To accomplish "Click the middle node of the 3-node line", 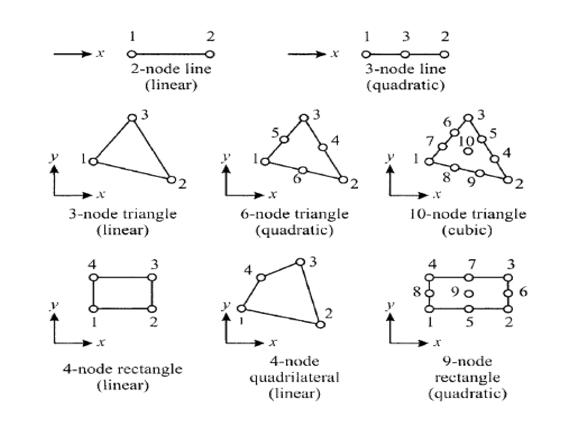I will tap(405, 54).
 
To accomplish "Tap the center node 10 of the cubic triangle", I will tap(468, 151).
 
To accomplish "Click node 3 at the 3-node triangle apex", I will tap(132, 118).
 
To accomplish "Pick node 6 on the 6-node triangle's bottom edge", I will tap(303, 170).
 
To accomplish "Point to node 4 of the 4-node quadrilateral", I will tap(261, 277).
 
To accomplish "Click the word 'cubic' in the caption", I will tap(467, 230).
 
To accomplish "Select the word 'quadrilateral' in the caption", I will tap(294, 378).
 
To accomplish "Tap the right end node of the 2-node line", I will tap(210, 54).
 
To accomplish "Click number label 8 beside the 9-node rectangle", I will tap(417, 292).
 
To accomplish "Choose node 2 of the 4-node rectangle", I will tap(152, 309).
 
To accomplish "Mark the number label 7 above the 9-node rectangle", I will tap(472, 265).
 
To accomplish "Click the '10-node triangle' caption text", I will tap(467, 214).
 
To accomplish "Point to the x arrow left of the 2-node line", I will tap(72, 54).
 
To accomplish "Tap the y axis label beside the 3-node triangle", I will tap(54, 157).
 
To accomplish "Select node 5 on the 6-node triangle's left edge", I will tap(284, 139).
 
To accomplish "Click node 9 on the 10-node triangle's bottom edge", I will tap(480, 173).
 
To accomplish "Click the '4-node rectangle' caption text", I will tap(122, 369).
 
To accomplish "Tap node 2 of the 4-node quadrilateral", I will tap(320, 324).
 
